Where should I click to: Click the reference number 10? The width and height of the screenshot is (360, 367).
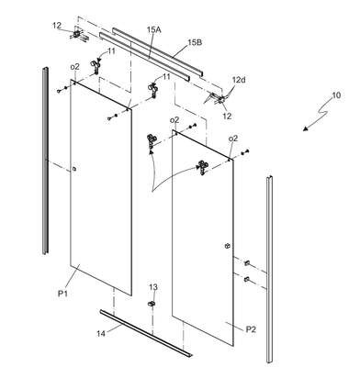coord(336,95)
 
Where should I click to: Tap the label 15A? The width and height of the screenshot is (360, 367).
coord(154,29)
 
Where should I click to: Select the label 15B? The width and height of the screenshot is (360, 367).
coord(195,42)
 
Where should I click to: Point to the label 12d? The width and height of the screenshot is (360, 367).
coord(239,81)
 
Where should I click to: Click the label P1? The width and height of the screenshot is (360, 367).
coord(62,294)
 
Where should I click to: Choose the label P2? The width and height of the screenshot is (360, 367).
coord(251,329)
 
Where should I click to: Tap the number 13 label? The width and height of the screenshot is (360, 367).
coord(153,287)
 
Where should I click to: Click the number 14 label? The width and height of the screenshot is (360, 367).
coord(101,333)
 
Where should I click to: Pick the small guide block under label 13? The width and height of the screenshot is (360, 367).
coord(152,304)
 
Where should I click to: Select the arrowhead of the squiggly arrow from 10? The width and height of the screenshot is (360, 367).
coord(305,128)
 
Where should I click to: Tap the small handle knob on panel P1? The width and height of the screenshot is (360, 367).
coord(73,169)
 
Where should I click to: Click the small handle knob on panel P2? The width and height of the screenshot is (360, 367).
coord(227,246)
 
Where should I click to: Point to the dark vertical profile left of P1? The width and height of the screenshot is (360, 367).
coord(45,160)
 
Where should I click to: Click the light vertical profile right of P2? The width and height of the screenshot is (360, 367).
coord(269,269)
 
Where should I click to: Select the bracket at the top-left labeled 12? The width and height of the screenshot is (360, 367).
coord(79,34)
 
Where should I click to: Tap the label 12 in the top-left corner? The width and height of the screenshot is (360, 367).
coord(57,26)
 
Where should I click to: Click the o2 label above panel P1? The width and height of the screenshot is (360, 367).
coord(74,66)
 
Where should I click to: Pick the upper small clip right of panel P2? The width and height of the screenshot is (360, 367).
coord(247,262)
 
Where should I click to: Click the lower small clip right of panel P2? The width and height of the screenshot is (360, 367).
coord(247,279)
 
